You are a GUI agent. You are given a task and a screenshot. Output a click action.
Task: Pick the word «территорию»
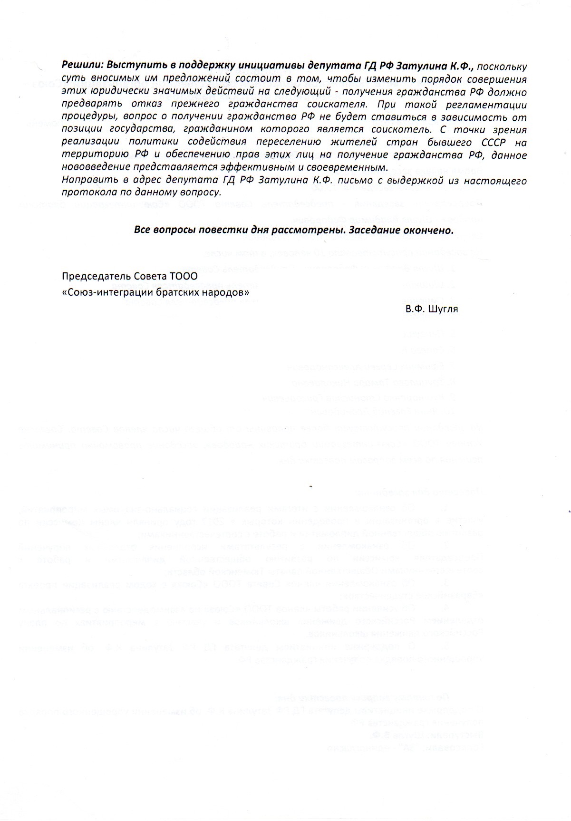point(88,155)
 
